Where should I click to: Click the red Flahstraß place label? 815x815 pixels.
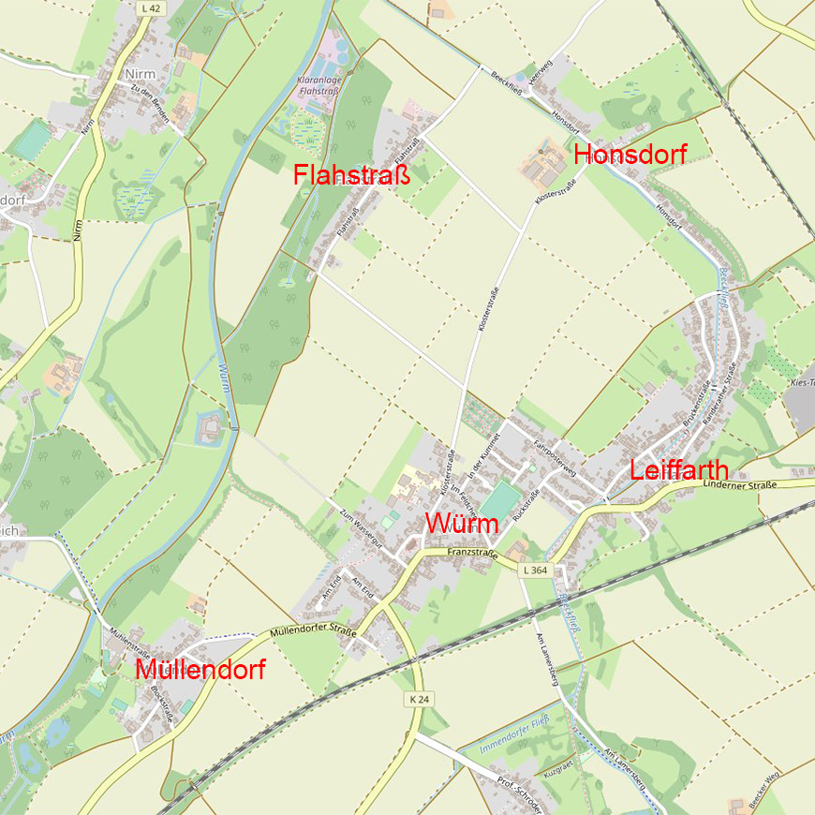351,175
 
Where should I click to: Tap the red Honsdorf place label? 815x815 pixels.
630,156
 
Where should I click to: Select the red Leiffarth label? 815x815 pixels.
678,470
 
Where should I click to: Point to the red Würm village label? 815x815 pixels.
462,524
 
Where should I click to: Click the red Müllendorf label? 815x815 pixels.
200,670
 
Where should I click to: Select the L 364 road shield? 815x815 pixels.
534,570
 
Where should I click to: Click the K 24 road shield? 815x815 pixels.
419,700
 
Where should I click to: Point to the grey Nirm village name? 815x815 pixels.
140,73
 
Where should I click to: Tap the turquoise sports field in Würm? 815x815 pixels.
502,499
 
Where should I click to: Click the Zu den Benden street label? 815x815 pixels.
150,96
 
